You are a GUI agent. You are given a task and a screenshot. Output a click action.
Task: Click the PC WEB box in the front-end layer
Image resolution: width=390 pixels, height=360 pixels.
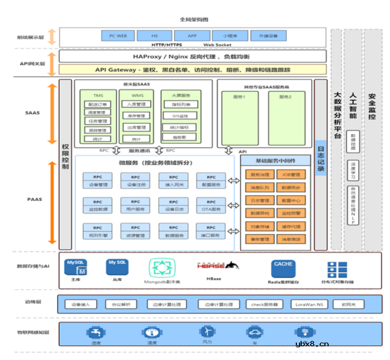pos(117,36)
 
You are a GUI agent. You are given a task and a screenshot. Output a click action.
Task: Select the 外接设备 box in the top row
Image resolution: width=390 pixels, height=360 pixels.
pos(268,36)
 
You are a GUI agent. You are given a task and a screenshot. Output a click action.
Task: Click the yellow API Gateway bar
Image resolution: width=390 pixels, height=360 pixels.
pos(192,69)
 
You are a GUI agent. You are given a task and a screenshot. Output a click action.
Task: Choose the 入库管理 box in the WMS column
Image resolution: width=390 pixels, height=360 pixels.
pos(136,104)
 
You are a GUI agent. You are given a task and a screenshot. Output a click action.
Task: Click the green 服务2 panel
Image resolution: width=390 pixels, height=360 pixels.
pos(286,118)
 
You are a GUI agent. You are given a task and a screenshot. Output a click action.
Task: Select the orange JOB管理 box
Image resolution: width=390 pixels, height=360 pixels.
pos(291,174)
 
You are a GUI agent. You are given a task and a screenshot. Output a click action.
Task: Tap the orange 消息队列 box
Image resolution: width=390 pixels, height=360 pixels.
pos(259,187)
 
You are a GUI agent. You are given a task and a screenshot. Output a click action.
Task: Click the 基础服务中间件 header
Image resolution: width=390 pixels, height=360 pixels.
pos(276,161)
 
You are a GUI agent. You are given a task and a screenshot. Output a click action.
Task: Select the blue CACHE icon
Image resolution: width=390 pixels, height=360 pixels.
pos(284,267)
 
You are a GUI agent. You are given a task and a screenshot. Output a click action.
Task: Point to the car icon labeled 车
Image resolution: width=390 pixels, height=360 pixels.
pos(255,331)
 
